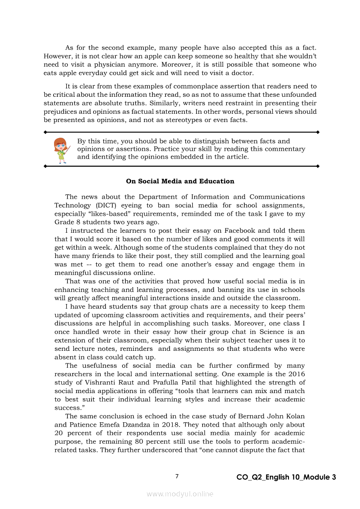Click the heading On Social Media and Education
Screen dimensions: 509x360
pos(180,181)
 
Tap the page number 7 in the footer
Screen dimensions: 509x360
pos(177,476)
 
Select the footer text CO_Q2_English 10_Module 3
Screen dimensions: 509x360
pos(286,477)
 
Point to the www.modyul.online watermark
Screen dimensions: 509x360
pos(180,494)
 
